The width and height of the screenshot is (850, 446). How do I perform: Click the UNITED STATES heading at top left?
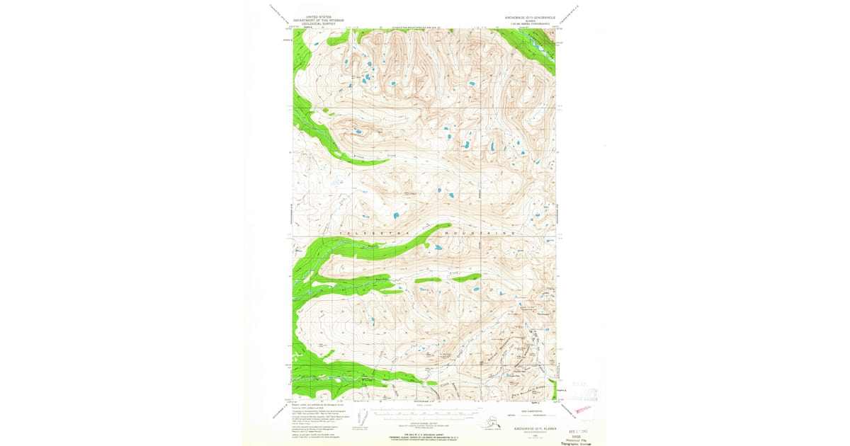[x=318, y=15]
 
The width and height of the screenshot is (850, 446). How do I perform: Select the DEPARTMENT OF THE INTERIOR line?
[x=318, y=18]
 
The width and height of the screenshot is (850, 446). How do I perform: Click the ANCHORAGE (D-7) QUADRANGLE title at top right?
[x=529, y=15]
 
